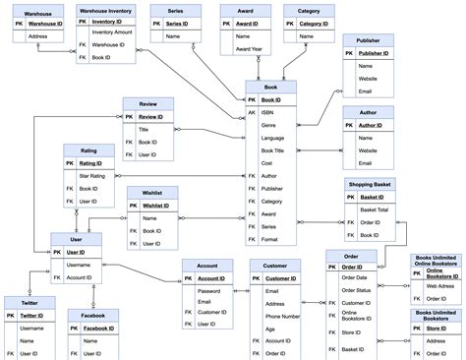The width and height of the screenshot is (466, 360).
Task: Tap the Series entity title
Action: pos(176,10)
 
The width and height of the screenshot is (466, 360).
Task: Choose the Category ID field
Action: pos(314,23)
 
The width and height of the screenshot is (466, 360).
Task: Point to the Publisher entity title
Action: pos(368,41)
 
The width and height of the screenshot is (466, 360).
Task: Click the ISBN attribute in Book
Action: pos(268,113)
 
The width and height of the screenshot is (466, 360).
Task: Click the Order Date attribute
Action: pos(355,278)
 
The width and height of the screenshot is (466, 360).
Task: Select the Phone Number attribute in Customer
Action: pos(284,317)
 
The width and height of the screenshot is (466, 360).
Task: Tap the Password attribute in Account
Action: pos(209,290)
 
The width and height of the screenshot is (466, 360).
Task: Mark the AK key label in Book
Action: pos(252,113)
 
